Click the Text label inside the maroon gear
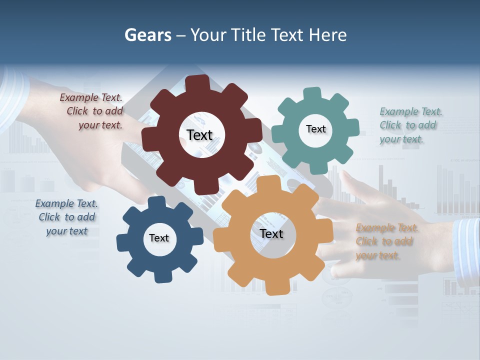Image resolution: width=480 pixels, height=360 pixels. click(x=199, y=135)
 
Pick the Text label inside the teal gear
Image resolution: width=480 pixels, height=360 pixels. click(x=315, y=129)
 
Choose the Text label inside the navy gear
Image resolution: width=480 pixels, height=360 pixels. click(x=159, y=238)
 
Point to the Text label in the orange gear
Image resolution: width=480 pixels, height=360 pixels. click(x=271, y=233)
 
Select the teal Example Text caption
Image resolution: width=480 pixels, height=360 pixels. click(x=409, y=125)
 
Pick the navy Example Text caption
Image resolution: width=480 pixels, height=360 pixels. click(x=66, y=217)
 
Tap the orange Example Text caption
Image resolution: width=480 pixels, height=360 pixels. click(x=385, y=241)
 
